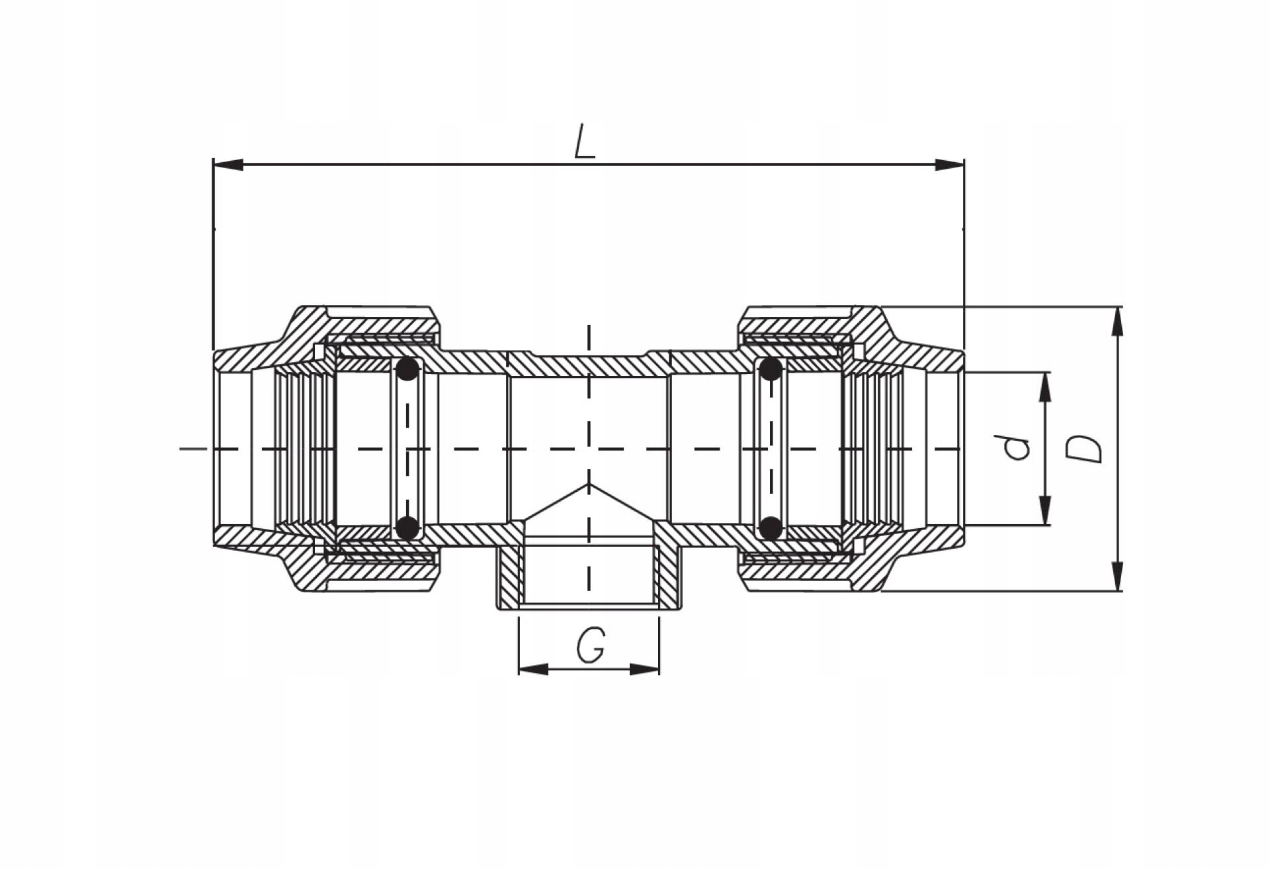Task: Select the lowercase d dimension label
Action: pyautogui.click(x=1017, y=449)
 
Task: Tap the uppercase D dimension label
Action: pyautogui.click(x=1085, y=449)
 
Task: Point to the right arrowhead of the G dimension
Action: pyautogui.click(x=644, y=669)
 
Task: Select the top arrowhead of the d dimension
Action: pyautogui.click(x=1045, y=387)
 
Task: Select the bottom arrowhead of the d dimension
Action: pyautogui.click(x=1045, y=510)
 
